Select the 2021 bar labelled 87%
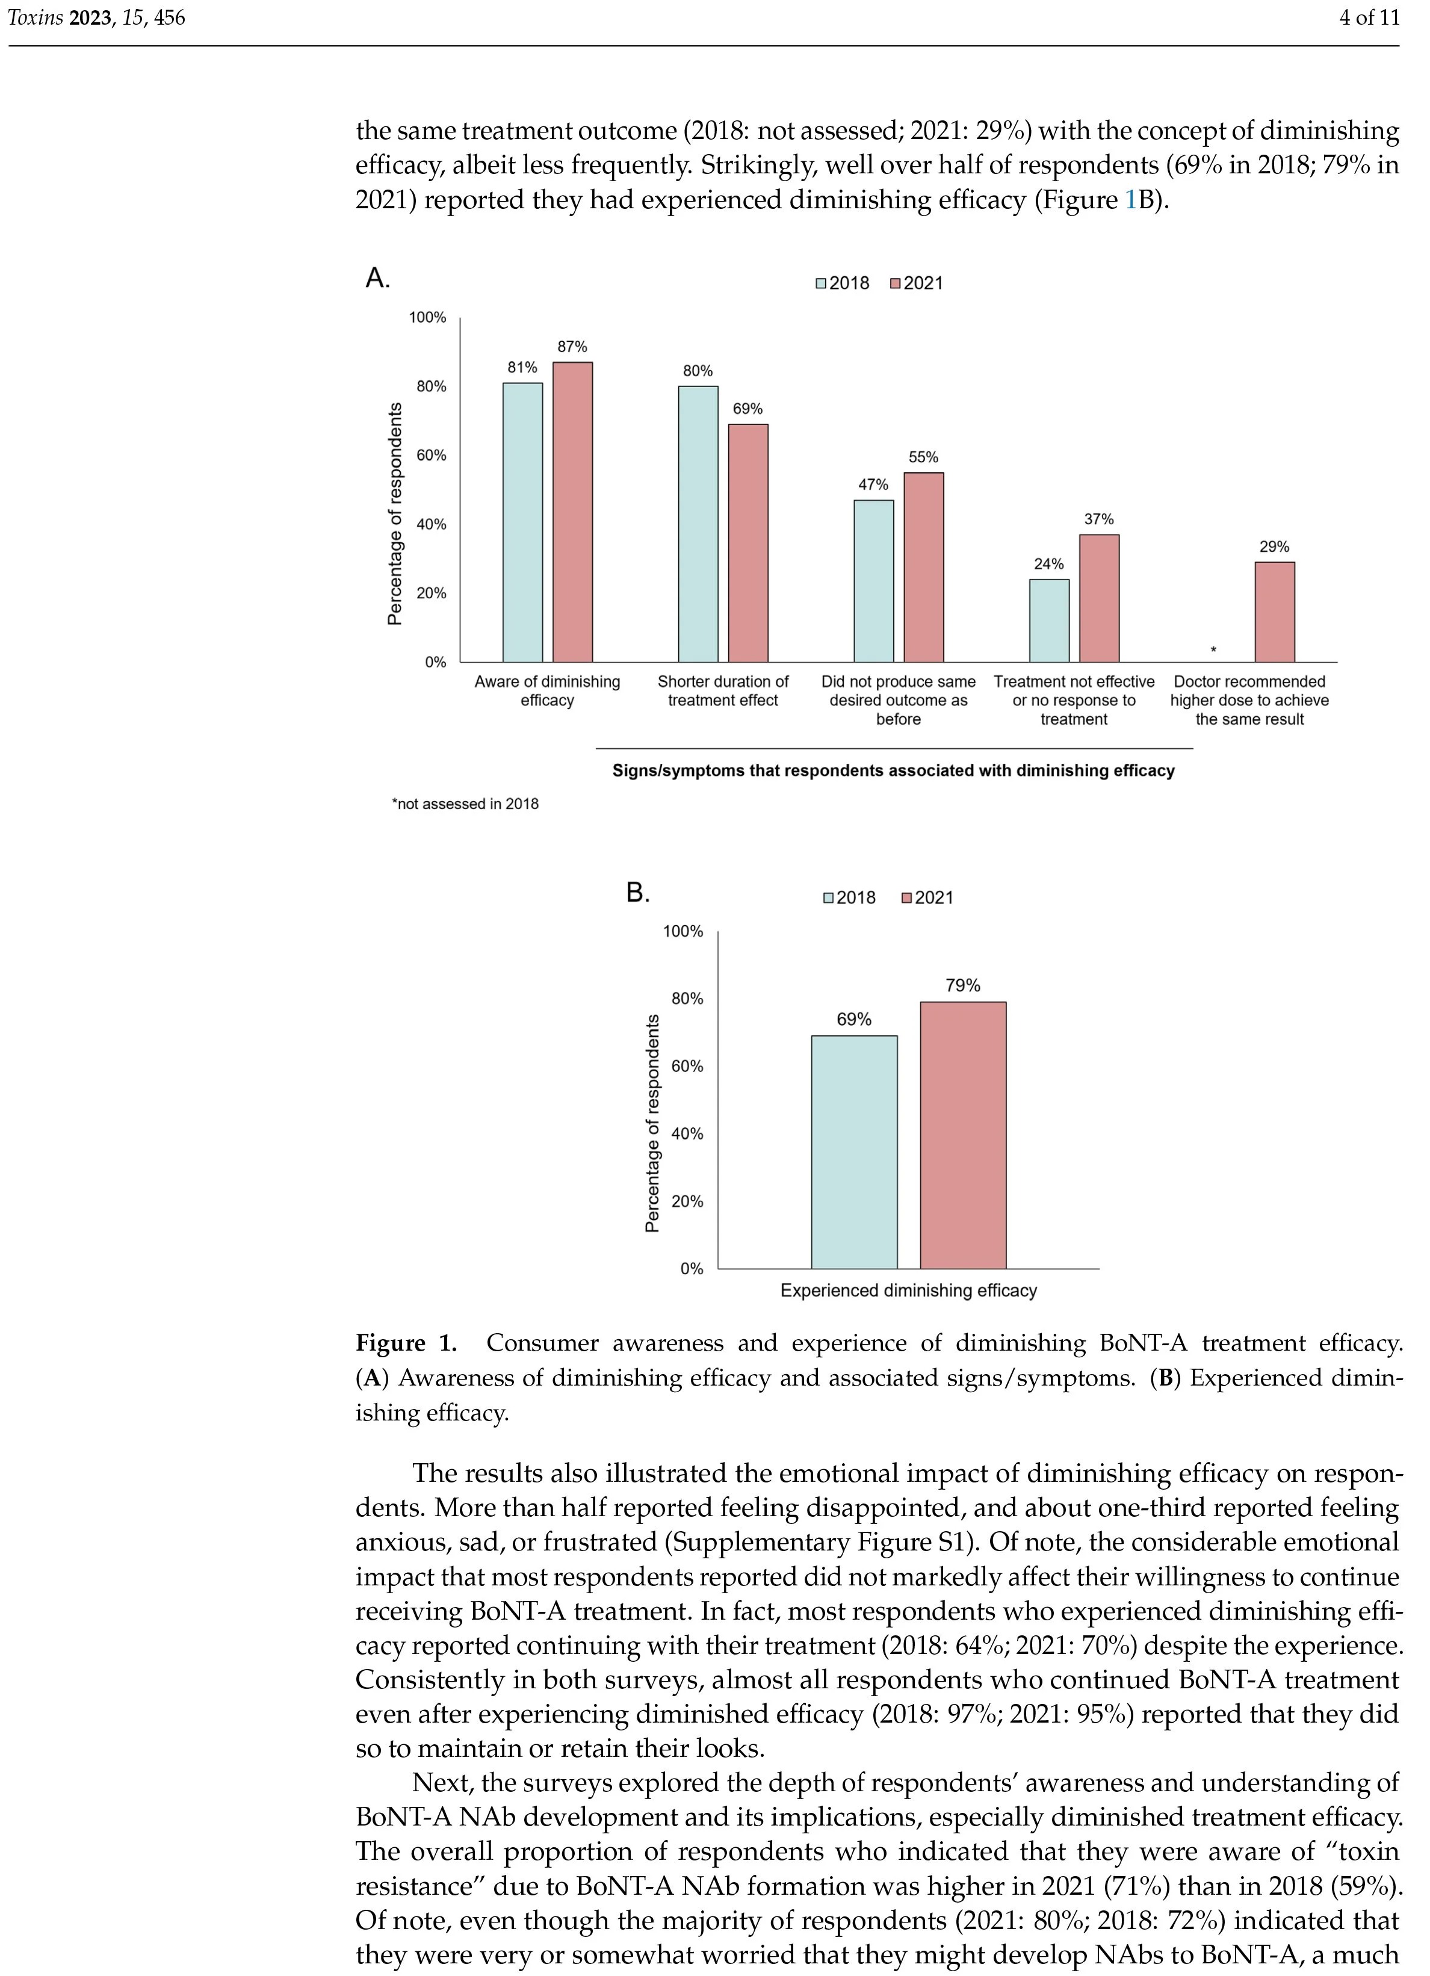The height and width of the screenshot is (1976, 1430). point(572,512)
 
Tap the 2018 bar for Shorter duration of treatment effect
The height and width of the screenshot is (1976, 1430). point(698,524)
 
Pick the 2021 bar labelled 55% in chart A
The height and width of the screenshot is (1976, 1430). point(923,566)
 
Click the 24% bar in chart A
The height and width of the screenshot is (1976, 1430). point(1048,621)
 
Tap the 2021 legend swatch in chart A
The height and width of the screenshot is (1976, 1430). point(895,283)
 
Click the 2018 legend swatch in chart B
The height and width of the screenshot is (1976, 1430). point(829,898)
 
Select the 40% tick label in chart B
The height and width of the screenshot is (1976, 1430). point(687,1133)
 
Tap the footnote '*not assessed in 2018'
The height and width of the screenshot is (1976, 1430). point(465,804)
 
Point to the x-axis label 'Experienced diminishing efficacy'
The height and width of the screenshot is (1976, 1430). point(908,1290)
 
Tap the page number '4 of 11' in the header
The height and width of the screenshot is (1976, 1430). point(1368,17)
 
